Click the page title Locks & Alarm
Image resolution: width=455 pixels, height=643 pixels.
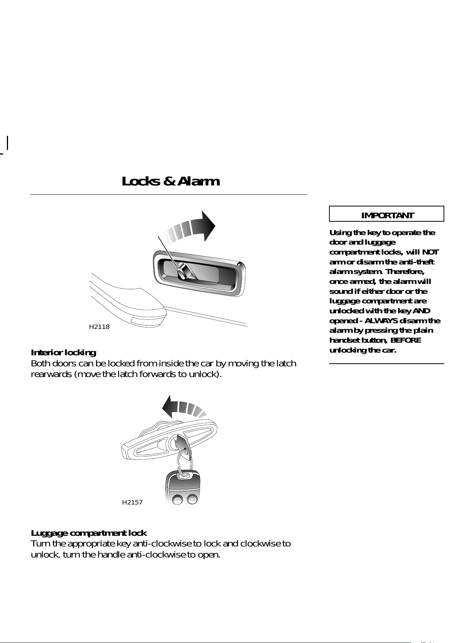[171, 181]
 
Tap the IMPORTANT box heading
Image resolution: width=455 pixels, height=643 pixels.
[387, 215]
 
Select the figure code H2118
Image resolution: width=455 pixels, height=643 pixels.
[99, 327]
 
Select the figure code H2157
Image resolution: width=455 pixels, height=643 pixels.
[132, 503]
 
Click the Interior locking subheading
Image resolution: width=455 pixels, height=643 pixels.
[63, 352]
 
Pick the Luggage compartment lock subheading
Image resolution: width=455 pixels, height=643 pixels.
[89, 533]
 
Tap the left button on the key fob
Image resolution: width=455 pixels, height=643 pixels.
[177, 499]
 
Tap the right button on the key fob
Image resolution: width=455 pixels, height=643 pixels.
[192, 499]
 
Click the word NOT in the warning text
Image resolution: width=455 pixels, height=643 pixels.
[430, 252]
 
